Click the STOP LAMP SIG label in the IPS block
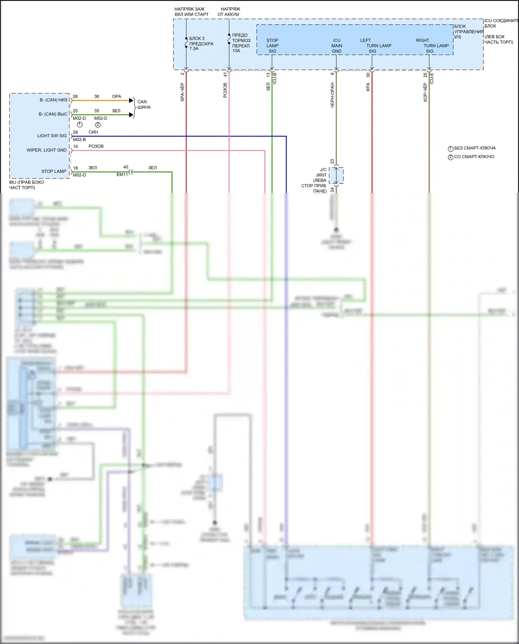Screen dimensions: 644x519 (x=272, y=46)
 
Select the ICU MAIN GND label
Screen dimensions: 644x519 (x=337, y=46)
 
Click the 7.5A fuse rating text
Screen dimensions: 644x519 (x=194, y=49)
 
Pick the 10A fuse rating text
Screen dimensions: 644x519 (x=236, y=51)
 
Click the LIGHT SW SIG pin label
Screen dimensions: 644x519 (x=52, y=136)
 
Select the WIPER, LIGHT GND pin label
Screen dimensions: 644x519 (x=46, y=150)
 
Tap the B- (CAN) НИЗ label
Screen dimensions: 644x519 (x=53, y=100)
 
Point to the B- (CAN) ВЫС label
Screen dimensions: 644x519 (x=53, y=114)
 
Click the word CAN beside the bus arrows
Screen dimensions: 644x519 (x=142, y=102)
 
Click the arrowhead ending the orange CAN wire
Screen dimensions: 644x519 (x=131, y=100)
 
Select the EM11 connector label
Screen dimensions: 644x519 (x=122, y=175)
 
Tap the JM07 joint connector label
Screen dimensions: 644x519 (x=321, y=175)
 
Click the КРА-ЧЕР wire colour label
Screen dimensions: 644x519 (x=182, y=92)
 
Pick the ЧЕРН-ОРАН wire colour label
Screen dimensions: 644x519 (x=333, y=95)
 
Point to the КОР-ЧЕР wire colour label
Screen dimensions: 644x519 (x=425, y=92)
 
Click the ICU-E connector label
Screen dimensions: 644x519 (x=432, y=79)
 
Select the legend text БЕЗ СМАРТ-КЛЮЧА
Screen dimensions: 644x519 (x=475, y=148)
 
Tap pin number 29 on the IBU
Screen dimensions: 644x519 (x=75, y=132)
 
